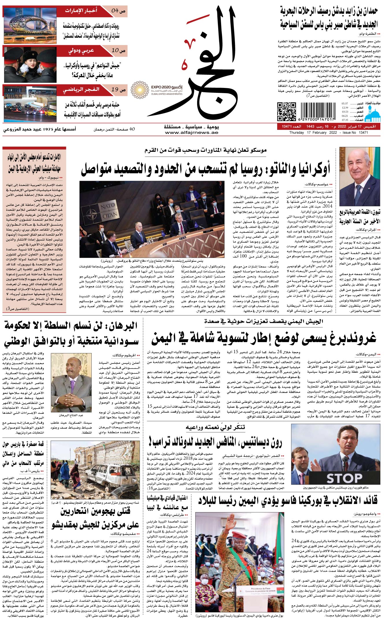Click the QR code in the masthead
pyautogui.click(x=286, y=112)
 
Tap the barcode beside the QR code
pyautogui.click(x=317, y=112)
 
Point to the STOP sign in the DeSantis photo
pyautogui.click(x=344, y=478)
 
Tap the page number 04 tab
pyautogui.click(x=118, y=11)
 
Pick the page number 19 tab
pyautogui.click(x=118, y=90)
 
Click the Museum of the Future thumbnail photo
pyautogui.click(x=30, y=25)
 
